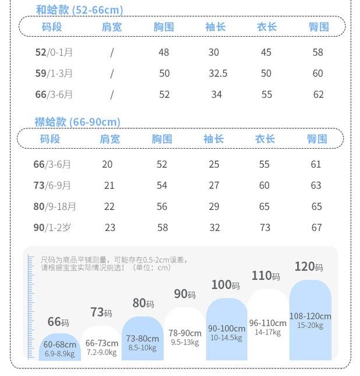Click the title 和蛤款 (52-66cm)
[79, 10]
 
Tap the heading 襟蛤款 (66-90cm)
[77, 122]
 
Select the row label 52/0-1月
[54, 52]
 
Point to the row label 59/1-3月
[54, 73]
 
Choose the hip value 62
[318, 94]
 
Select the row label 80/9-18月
[55, 206]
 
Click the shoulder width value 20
[107, 164]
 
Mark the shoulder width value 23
[110, 227]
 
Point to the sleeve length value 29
[214, 206]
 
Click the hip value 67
[316, 227]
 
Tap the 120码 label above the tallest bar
[309, 267]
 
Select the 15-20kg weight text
[310, 326]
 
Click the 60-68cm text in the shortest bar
[60, 345]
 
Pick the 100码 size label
[225, 285]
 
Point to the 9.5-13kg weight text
[185, 342]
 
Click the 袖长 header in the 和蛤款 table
[216, 27]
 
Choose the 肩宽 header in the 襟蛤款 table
[110, 139]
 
